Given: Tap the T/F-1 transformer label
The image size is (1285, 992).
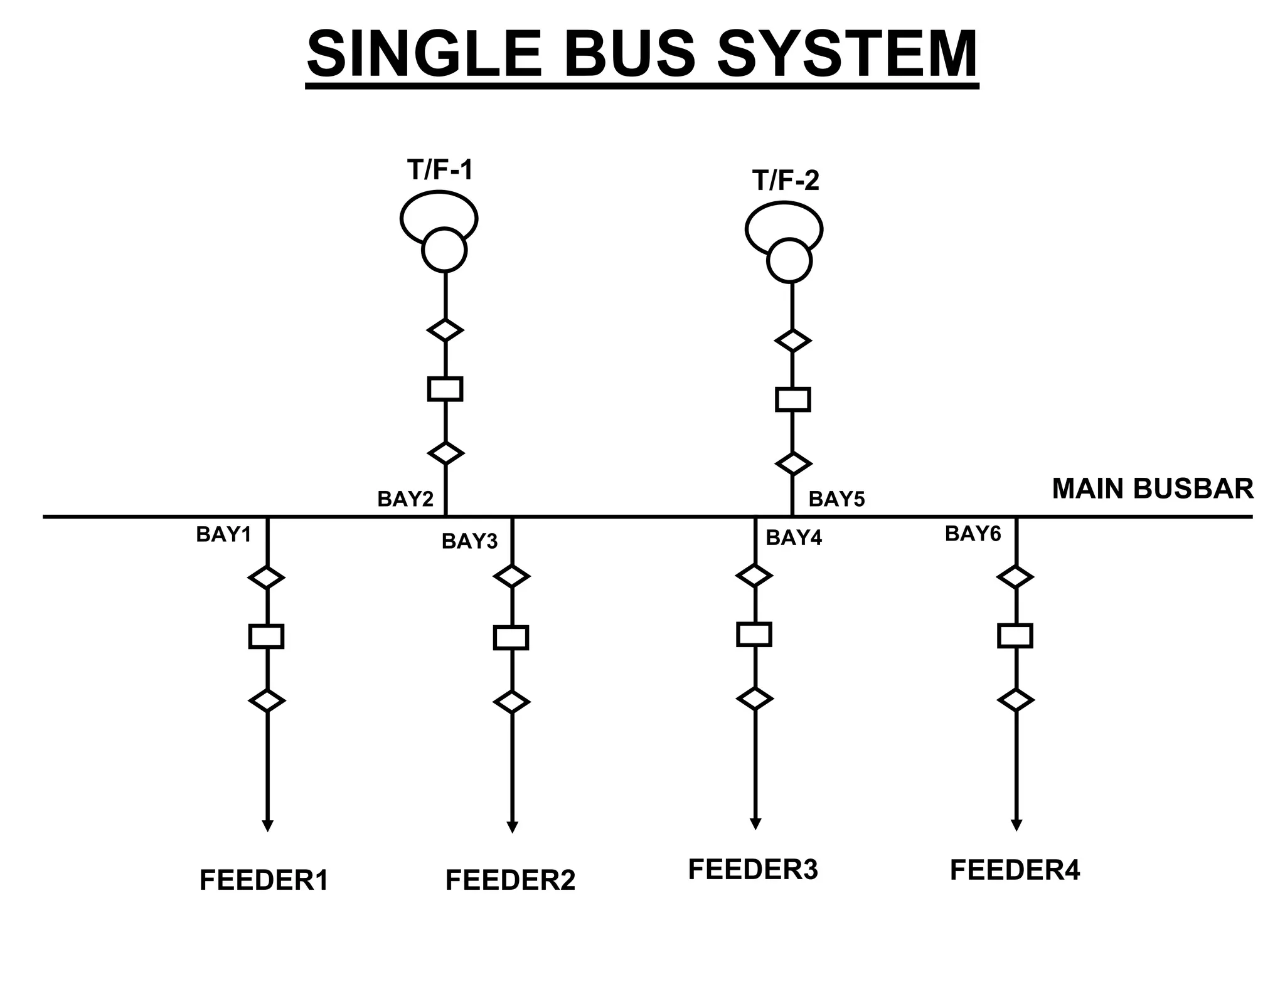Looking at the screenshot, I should (x=439, y=170).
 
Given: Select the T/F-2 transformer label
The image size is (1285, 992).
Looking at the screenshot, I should (x=786, y=181).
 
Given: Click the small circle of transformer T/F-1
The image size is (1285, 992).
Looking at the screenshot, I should (x=444, y=250).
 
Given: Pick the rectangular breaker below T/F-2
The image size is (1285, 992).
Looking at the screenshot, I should (x=792, y=399).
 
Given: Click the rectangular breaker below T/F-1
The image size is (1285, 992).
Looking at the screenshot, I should (x=445, y=389).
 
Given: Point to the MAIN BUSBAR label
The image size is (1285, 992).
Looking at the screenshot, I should (x=1152, y=488).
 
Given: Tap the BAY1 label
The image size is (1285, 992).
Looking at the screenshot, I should (x=223, y=534).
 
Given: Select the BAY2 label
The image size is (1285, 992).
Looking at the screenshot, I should (x=405, y=499).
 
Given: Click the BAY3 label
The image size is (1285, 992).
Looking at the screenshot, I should (x=469, y=541).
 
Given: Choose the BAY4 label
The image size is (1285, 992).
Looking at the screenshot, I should (x=794, y=538).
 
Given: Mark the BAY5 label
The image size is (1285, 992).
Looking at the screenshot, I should (x=836, y=499).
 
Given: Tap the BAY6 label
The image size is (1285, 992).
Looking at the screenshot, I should (x=973, y=534).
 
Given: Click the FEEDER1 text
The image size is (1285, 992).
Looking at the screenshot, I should (x=264, y=880).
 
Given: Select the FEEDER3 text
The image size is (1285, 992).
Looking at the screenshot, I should (x=753, y=869).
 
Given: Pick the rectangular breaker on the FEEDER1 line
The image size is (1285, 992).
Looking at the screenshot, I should (x=267, y=636).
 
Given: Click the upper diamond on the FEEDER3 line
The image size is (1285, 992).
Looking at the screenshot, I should (x=754, y=575).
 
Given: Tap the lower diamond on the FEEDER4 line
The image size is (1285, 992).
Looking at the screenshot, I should (x=1015, y=700).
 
